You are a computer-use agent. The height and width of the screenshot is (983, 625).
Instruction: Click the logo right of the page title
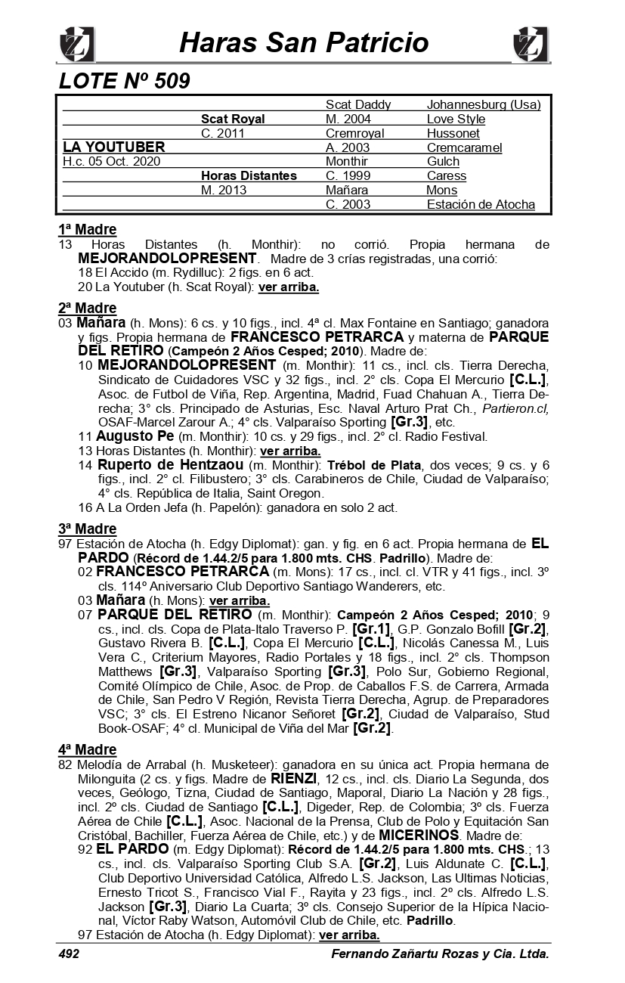click(x=531, y=44)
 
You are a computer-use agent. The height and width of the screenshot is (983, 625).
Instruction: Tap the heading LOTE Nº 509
click(x=124, y=81)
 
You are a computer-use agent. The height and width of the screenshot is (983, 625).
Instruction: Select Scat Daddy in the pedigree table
click(x=358, y=105)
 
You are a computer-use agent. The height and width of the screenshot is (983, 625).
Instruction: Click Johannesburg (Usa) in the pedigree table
click(x=484, y=105)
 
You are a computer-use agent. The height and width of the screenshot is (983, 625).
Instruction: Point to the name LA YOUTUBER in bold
click(x=114, y=147)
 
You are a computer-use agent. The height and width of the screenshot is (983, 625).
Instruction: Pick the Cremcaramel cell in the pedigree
click(x=464, y=147)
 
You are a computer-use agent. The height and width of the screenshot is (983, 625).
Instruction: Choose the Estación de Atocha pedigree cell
click(x=481, y=204)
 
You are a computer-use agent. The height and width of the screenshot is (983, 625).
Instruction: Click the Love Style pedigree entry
click(x=456, y=119)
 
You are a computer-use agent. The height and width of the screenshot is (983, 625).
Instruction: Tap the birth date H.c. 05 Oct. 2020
click(x=112, y=161)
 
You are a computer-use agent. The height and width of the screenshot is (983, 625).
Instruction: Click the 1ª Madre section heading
click(x=87, y=230)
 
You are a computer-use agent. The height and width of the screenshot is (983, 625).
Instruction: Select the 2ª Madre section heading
click(x=87, y=308)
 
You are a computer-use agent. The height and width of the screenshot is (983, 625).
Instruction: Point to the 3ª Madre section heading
click(x=87, y=529)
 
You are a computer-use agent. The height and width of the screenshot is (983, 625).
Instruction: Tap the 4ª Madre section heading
click(x=87, y=749)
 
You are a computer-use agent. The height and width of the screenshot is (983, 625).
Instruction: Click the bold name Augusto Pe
click(x=135, y=436)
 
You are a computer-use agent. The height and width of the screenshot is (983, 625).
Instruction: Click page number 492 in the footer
click(x=69, y=954)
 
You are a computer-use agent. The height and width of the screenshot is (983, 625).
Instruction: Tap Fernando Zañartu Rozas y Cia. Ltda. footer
click(x=440, y=954)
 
